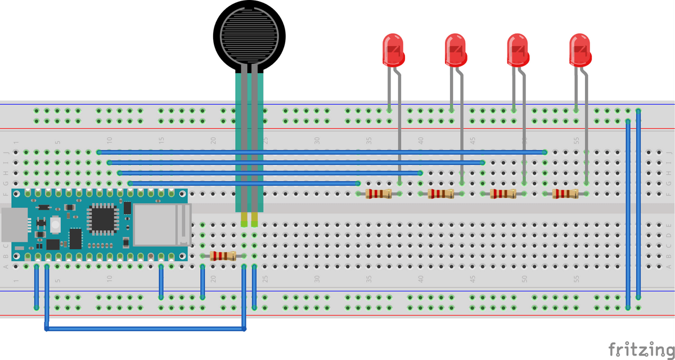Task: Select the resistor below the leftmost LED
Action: coord(379,194)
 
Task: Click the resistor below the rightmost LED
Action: coord(565,194)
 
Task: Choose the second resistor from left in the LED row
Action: coord(440,194)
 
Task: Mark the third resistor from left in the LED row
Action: coord(503,194)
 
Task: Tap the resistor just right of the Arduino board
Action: coord(223,256)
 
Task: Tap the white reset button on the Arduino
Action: coord(55,226)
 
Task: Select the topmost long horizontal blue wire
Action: coord(321,152)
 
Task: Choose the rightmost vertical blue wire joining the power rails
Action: coord(638,202)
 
